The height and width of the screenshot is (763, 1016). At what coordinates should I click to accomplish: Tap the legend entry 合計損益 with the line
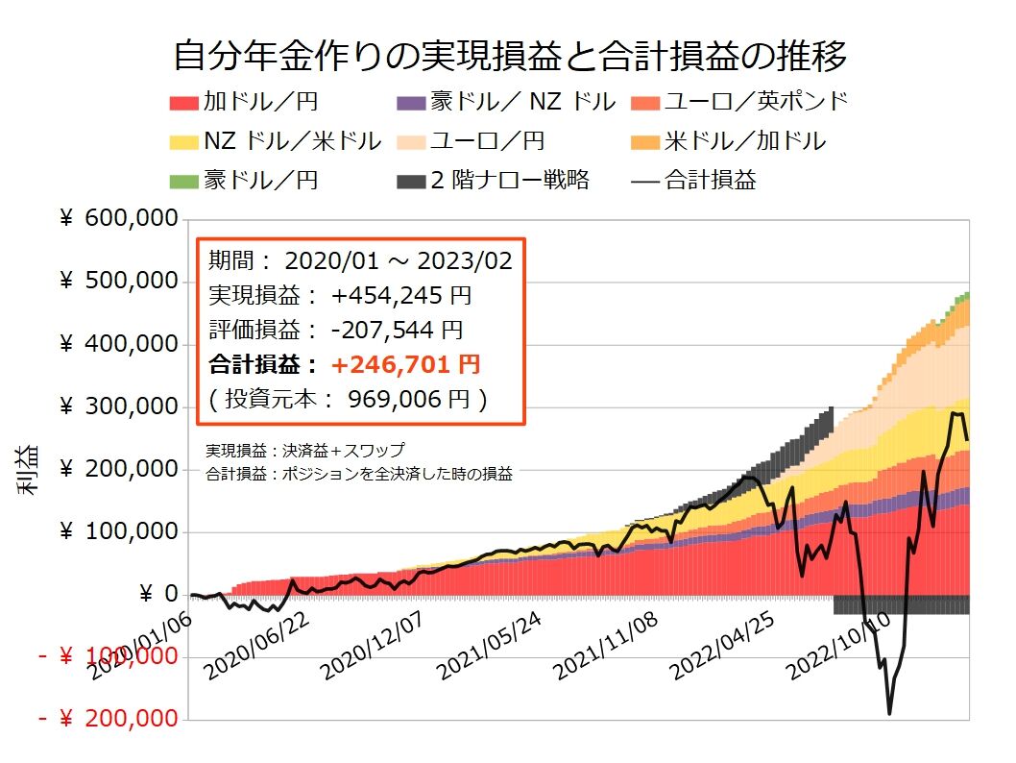(x=695, y=180)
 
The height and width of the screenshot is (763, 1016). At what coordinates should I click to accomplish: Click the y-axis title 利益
(x=26, y=469)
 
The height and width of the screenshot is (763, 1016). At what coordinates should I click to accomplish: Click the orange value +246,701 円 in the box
(x=404, y=365)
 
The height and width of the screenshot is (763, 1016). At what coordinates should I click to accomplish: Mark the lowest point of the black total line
(x=889, y=713)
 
